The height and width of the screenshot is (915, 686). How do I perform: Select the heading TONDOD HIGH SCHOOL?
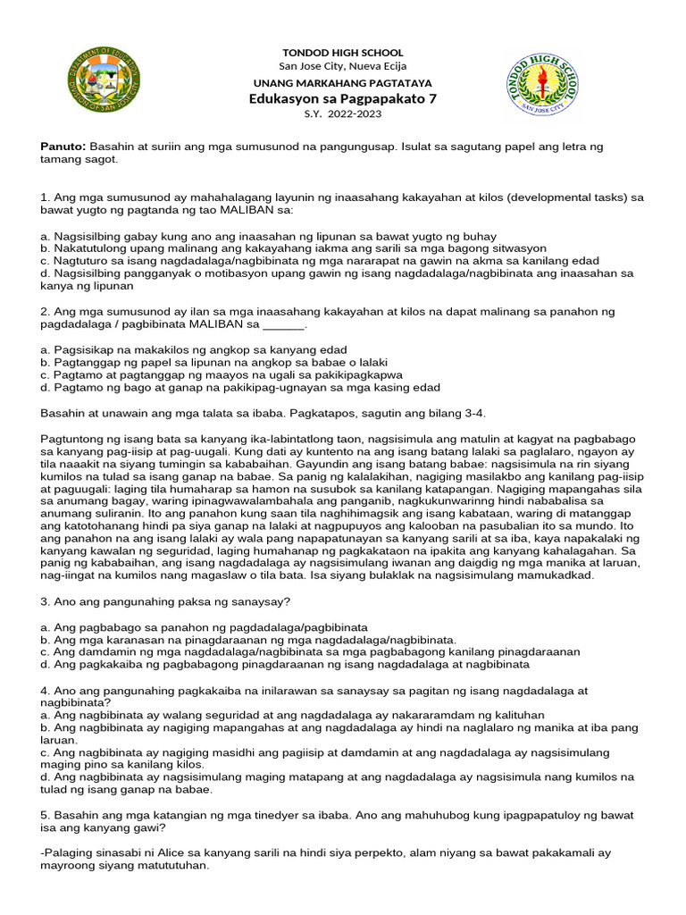point(342,53)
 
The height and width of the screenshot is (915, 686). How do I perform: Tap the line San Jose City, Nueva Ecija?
point(342,66)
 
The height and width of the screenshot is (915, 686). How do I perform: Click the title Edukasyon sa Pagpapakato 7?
point(342,98)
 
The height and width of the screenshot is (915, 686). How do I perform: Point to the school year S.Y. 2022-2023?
point(342,114)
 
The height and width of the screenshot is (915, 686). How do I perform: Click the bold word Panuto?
point(63,145)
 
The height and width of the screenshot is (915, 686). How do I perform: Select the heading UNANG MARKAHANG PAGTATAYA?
point(342,82)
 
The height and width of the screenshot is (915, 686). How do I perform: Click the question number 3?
point(46,603)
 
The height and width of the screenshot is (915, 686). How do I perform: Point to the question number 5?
point(46,816)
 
